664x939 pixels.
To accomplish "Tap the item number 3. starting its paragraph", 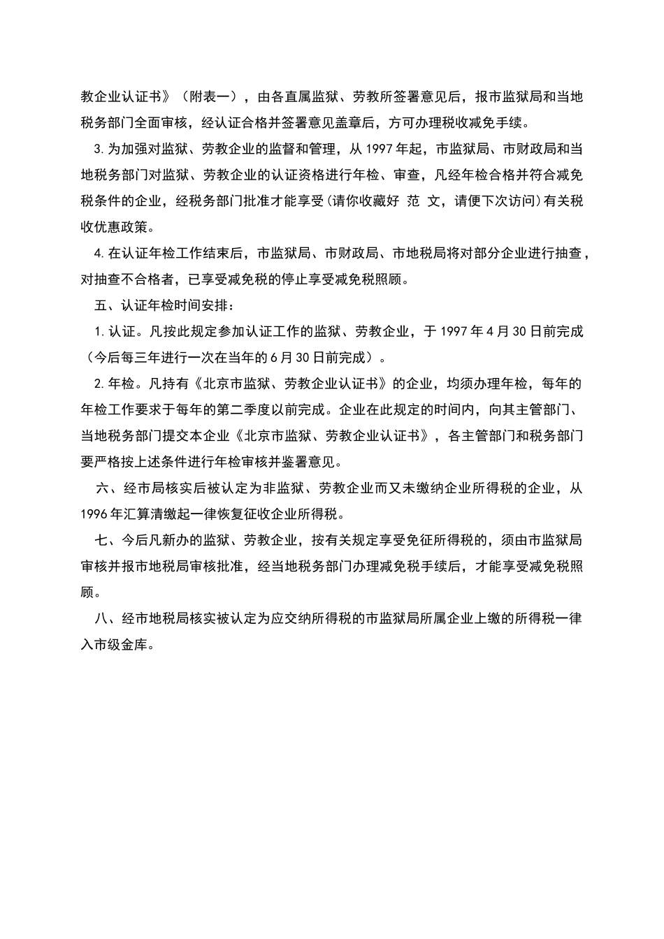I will [99, 149].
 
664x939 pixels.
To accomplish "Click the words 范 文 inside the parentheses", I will [425, 201].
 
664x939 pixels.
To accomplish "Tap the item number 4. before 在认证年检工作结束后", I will [99, 253].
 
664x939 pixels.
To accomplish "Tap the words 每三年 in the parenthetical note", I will [136, 358].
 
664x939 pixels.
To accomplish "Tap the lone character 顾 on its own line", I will [88, 592].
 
